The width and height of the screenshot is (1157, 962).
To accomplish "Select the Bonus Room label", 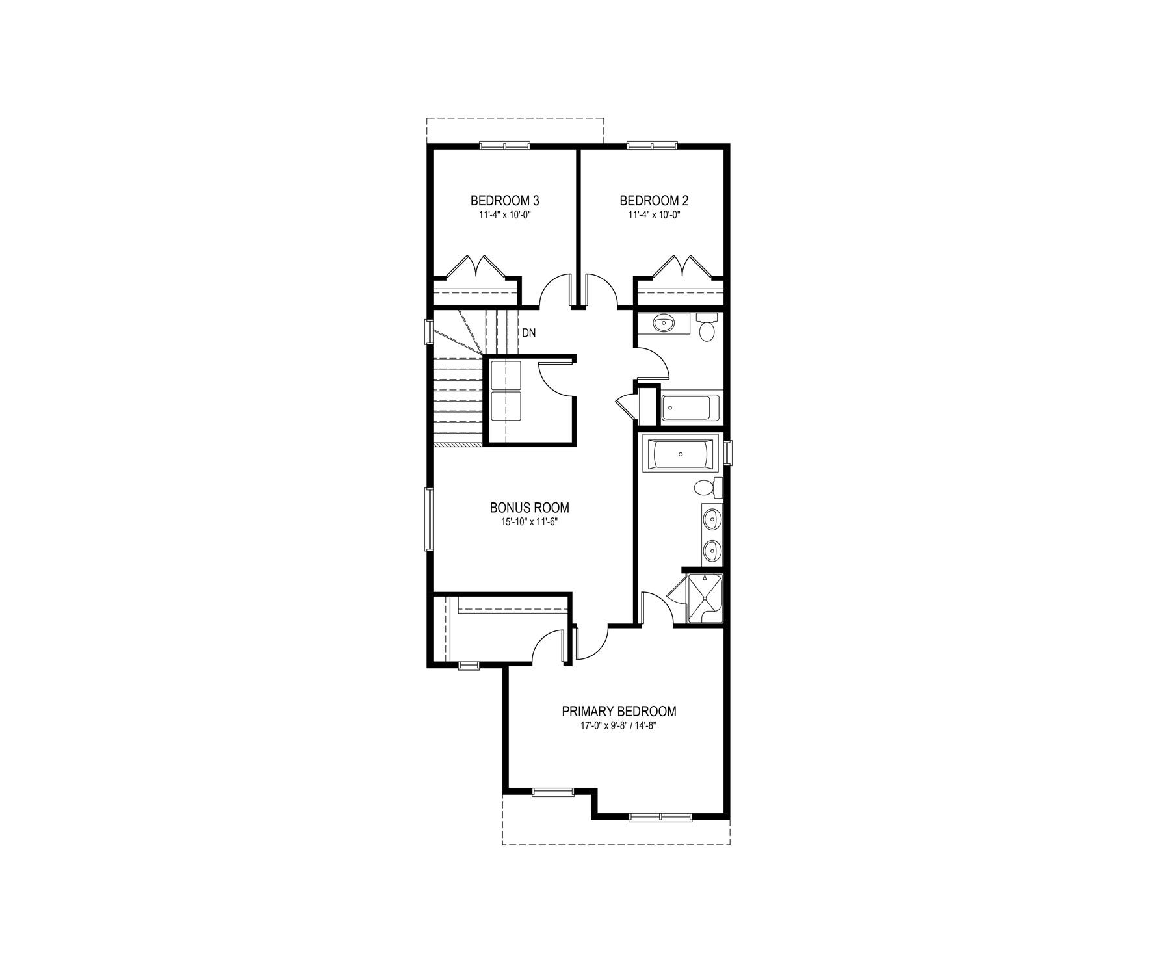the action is (x=530, y=508).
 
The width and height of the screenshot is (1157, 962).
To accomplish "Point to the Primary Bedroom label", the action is (x=619, y=711).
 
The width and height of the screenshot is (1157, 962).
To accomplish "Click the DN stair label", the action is (x=529, y=333).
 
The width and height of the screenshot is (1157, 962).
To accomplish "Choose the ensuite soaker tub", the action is (x=680, y=454).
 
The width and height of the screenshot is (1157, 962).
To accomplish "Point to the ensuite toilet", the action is (x=708, y=487).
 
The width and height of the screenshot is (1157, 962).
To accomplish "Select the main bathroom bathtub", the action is (x=691, y=408).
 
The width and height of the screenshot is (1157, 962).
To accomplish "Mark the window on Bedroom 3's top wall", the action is (x=505, y=146).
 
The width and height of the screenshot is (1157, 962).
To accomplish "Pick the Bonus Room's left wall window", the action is (x=429, y=519).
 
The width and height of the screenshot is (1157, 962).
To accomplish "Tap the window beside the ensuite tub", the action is (x=728, y=453).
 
